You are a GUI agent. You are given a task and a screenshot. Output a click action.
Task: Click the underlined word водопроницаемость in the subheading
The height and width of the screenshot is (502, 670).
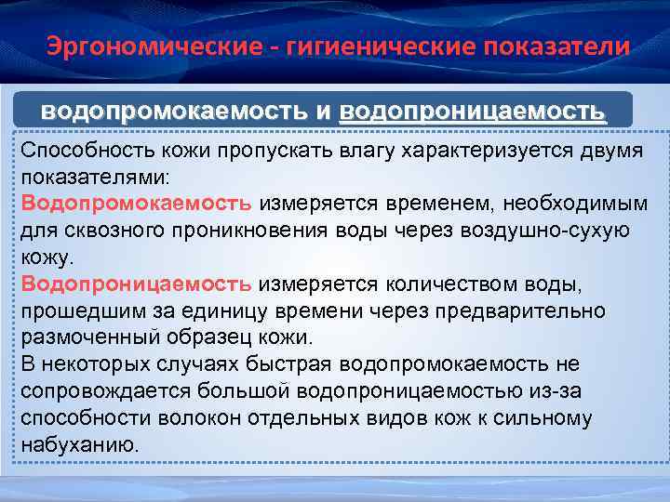point(473,112)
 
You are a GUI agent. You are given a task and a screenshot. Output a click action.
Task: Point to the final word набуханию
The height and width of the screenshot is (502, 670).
point(80,444)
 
